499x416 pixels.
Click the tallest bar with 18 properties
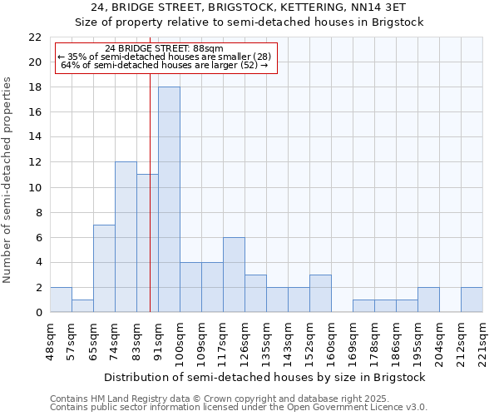click(x=169, y=200)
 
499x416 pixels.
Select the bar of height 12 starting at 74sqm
click(x=126, y=237)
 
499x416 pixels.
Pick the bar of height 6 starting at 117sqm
click(x=234, y=275)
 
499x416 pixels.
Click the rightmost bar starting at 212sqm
click(x=472, y=300)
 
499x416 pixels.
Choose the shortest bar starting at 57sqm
click(x=82, y=306)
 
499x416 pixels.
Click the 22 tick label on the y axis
click(x=35, y=37)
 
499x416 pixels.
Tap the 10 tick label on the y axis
click(x=35, y=187)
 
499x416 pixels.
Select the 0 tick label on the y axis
click(x=38, y=313)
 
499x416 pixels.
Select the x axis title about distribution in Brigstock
click(x=266, y=377)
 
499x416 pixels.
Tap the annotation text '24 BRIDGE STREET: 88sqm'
click(x=164, y=49)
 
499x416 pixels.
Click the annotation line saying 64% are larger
click(x=164, y=65)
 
